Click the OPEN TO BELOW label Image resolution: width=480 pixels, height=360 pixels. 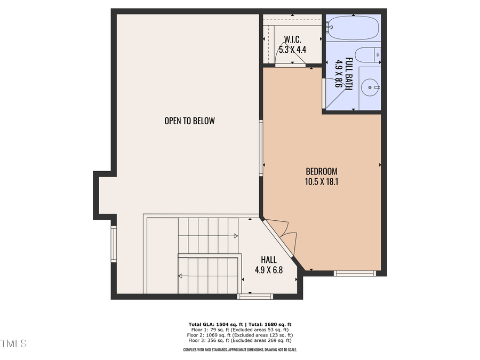[189, 121]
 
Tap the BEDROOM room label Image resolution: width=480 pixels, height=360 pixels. [321, 171]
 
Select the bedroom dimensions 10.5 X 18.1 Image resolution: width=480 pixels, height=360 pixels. [321, 181]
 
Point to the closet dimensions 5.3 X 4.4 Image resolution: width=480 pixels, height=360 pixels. [292, 50]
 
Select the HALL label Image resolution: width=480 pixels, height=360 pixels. [268, 260]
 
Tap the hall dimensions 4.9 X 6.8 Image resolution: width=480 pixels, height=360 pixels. [268, 270]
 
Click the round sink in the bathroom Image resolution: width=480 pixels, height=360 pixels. [370, 87]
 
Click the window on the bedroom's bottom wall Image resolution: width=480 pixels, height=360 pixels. [355, 274]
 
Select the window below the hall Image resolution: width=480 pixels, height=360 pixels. [255, 297]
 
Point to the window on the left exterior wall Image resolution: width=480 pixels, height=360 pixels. [114, 244]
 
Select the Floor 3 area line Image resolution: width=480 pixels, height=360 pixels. [239, 340]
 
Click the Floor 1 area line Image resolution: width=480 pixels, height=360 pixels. [239, 330]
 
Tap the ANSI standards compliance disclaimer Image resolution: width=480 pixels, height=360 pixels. [239, 350]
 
